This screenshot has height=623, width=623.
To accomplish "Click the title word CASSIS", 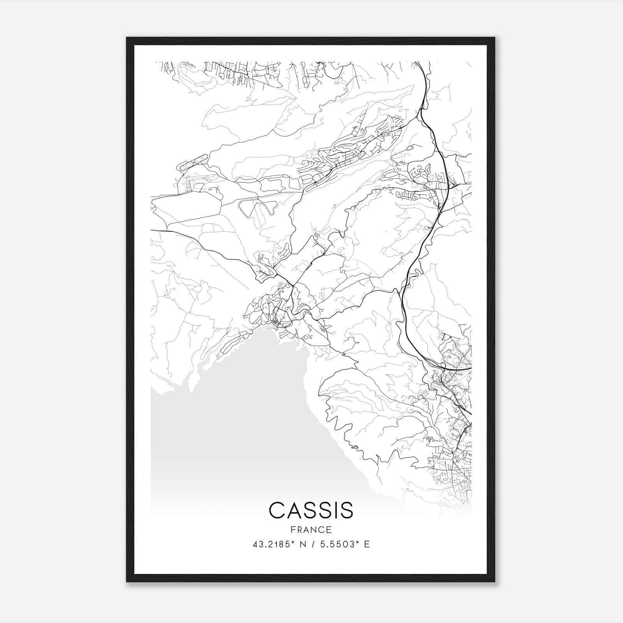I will point(311,510).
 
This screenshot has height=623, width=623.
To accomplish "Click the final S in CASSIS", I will point(346,510).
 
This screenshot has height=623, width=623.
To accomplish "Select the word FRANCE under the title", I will point(311,530).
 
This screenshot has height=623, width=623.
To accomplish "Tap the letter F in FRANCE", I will point(292,530).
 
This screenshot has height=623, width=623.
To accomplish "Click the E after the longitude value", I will point(367,544).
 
